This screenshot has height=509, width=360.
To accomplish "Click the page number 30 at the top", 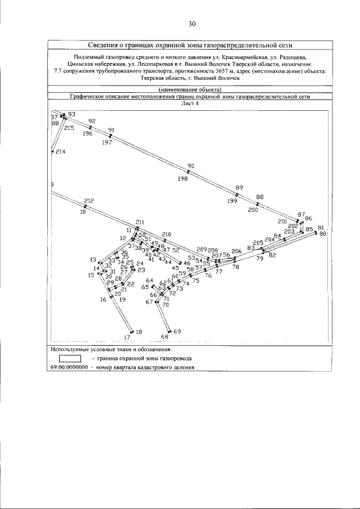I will click(191, 24).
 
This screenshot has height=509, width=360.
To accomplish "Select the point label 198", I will click(182, 178).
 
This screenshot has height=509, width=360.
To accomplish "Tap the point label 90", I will click(191, 166).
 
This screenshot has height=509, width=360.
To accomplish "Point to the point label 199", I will click(232, 201).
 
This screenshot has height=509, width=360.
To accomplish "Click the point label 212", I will click(89, 201).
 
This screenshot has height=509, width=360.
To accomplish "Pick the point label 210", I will click(166, 234).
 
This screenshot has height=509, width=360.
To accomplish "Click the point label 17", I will click(127, 337).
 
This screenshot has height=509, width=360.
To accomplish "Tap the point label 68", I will click(165, 336).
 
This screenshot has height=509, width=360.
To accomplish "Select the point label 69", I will click(177, 331).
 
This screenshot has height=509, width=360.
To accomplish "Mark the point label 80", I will click(323, 233).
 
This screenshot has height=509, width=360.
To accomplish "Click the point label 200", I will click(253, 210).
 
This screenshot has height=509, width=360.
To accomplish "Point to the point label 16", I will click(103, 300).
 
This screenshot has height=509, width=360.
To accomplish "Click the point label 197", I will click(107, 142).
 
